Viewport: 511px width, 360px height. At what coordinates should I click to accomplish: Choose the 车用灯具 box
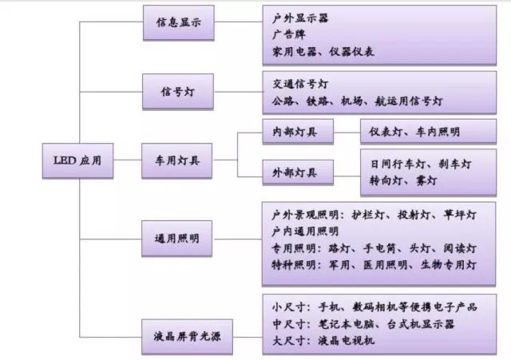[x=177, y=160]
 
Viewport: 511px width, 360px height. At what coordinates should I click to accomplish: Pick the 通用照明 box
[x=177, y=239]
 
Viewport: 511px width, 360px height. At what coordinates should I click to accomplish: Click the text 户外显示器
[x=299, y=17]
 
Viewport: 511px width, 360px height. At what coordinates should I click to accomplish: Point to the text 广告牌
[x=288, y=34]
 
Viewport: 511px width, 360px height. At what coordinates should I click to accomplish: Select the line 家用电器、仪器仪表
[x=323, y=52]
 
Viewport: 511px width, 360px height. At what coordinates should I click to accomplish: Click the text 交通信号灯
[x=299, y=84]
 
